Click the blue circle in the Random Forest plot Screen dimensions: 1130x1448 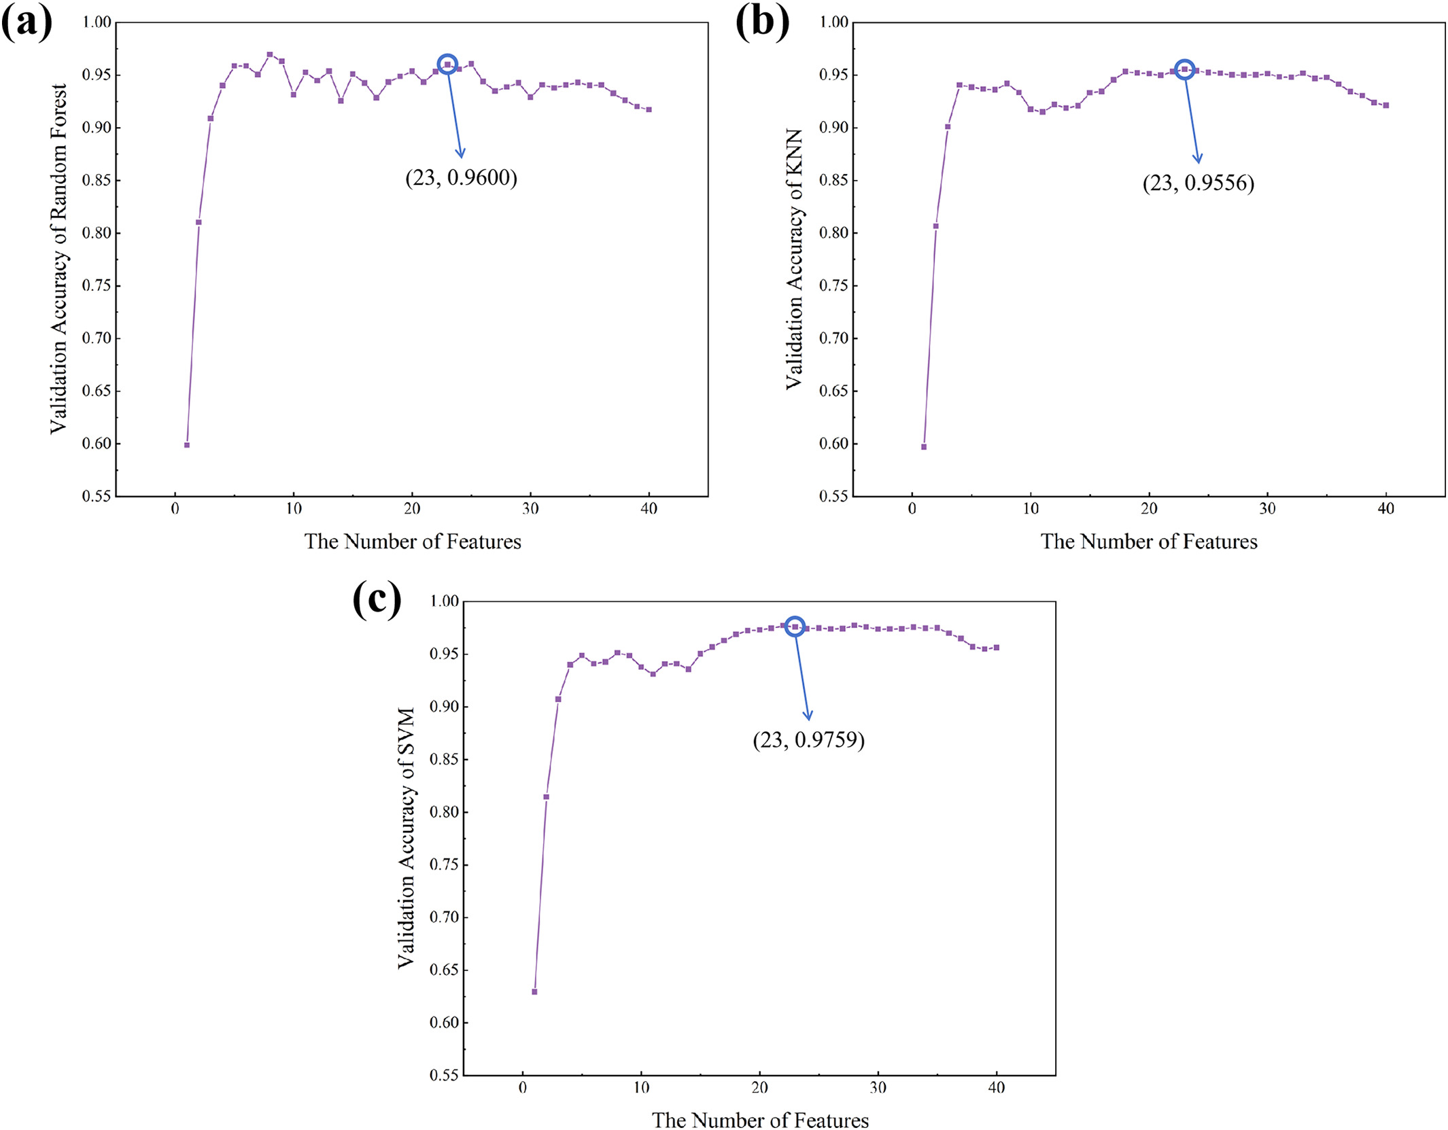(x=447, y=65)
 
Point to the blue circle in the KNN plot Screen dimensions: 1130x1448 (x=1184, y=69)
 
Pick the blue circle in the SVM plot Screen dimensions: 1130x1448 (x=795, y=626)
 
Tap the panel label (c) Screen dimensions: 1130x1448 (x=377, y=601)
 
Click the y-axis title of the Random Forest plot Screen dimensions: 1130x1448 (x=59, y=259)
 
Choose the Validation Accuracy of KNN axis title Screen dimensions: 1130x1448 (x=794, y=259)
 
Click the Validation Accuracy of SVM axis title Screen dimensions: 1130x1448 (x=406, y=838)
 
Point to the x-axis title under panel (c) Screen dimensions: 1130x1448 (x=760, y=1120)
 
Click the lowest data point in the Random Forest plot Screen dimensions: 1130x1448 (x=187, y=445)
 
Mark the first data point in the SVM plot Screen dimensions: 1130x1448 (x=534, y=992)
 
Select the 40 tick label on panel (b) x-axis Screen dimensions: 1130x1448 (x=1385, y=509)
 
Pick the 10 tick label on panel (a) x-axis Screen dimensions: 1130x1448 (x=294, y=509)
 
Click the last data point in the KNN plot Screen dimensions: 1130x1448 (x=1385, y=105)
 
